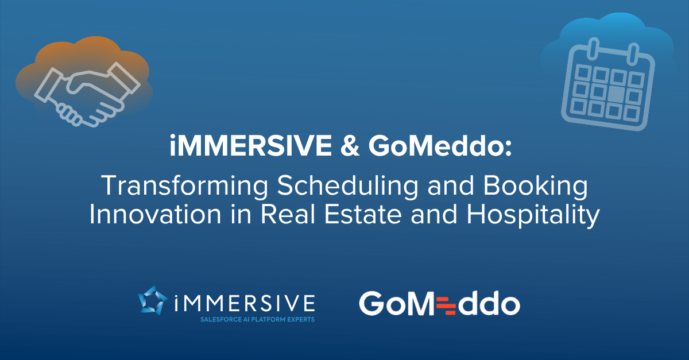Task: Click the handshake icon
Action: [x=87, y=95]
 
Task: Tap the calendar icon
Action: [x=608, y=84]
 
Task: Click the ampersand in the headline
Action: [x=350, y=145]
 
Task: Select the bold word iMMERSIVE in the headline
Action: [x=250, y=145]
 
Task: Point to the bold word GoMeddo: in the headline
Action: [x=440, y=145]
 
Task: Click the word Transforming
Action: [x=184, y=186]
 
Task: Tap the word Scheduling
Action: [x=347, y=186]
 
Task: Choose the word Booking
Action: [x=536, y=185]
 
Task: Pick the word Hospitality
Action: [x=533, y=215]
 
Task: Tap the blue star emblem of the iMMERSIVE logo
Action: [x=153, y=301]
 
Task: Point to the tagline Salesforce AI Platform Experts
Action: [x=257, y=320]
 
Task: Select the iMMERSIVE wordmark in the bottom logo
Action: [x=244, y=303]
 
